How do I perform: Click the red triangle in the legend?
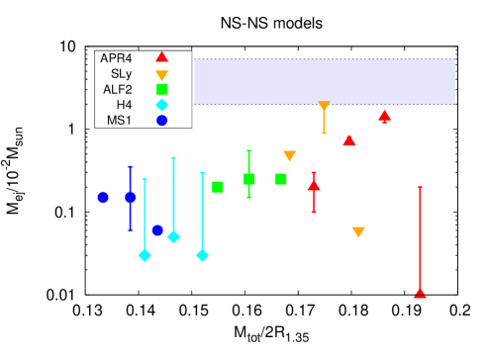click(161, 57)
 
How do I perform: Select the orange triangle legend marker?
click(161, 75)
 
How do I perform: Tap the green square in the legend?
click(161, 89)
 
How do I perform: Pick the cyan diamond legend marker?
click(161, 105)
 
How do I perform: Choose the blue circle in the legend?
click(161, 120)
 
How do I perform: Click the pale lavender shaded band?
click(324, 81)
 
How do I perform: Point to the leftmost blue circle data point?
click(103, 197)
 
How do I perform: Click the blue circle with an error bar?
click(130, 197)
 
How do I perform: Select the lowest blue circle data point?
click(157, 230)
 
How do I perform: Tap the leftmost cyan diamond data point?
click(145, 255)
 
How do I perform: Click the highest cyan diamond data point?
click(173, 236)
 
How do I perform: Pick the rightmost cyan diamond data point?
click(202, 255)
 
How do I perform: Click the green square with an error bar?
click(248, 179)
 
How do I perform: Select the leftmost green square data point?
click(218, 187)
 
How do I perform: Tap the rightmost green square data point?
click(280, 179)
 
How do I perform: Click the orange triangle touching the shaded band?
click(324, 106)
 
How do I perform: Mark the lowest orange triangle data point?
click(358, 232)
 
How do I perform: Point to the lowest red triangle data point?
click(420, 292)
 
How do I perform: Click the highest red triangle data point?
click(384, 115)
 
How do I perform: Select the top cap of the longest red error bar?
click(420, 187)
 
